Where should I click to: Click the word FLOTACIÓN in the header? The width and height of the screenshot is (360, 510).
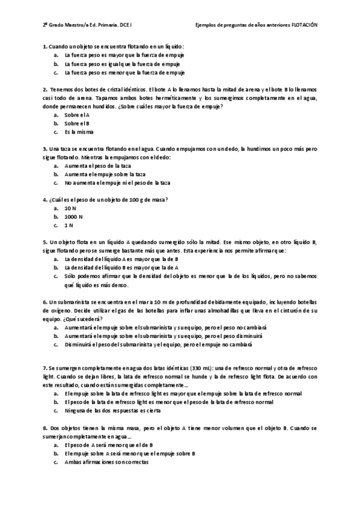[x=304, y=25]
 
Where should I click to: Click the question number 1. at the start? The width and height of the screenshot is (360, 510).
[x=45, y=46]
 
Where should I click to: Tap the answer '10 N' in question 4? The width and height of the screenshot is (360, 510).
[x=70, y=207]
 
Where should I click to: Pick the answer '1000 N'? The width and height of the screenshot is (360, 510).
[x=73, y=217]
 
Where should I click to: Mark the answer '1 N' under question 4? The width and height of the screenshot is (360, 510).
[x=69, y=226]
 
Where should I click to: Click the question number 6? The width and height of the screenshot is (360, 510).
[x=45, y=301]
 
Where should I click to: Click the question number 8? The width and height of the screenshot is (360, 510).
[x=45, y=428]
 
